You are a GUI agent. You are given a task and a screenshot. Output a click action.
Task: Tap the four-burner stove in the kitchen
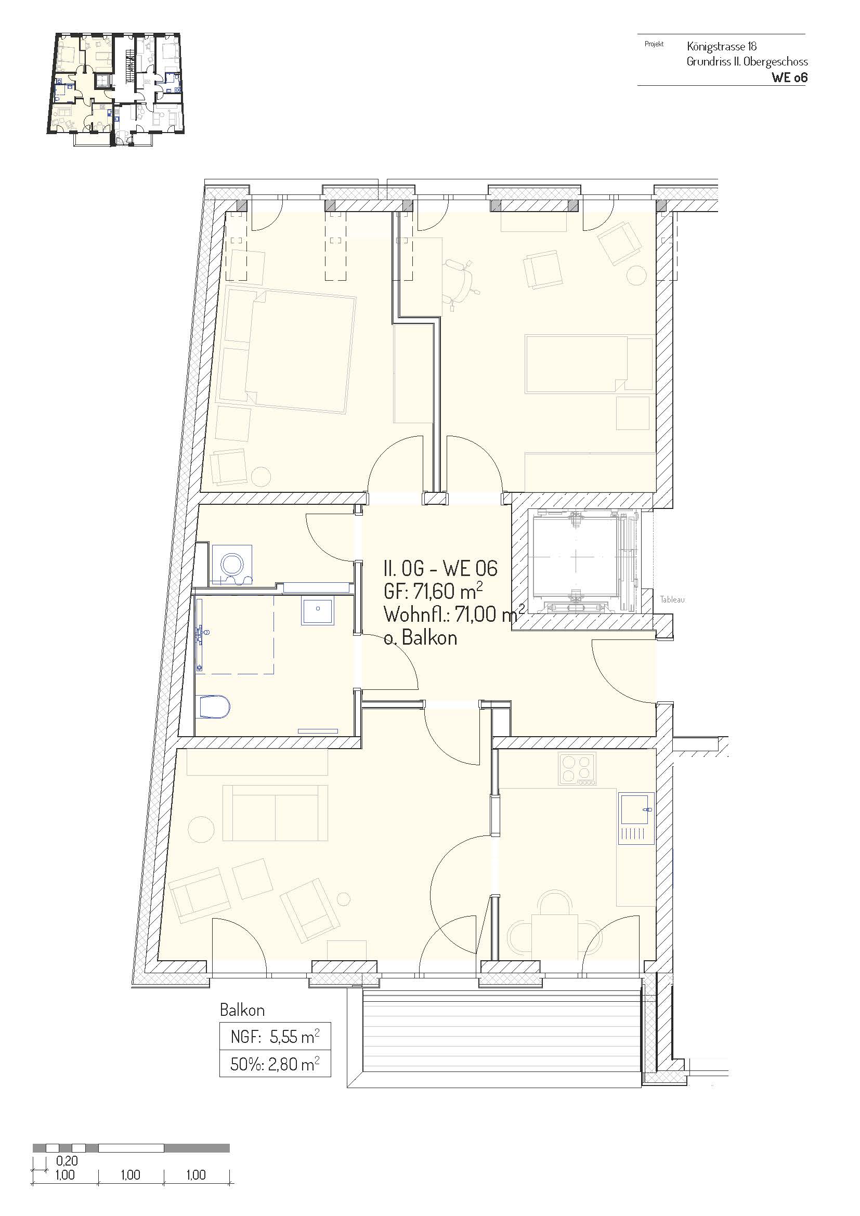[577, 769]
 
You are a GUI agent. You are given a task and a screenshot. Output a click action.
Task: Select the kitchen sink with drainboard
[635, 818]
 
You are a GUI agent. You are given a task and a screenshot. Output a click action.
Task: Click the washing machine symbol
[232, 565]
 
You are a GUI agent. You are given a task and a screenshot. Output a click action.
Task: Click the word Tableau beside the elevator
[672, 600]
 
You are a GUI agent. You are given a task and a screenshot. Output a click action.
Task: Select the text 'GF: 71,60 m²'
[433, 592]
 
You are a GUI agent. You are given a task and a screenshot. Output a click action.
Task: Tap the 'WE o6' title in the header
[789, 77]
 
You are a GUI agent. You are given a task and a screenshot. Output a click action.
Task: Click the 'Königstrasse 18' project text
[721, 47]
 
